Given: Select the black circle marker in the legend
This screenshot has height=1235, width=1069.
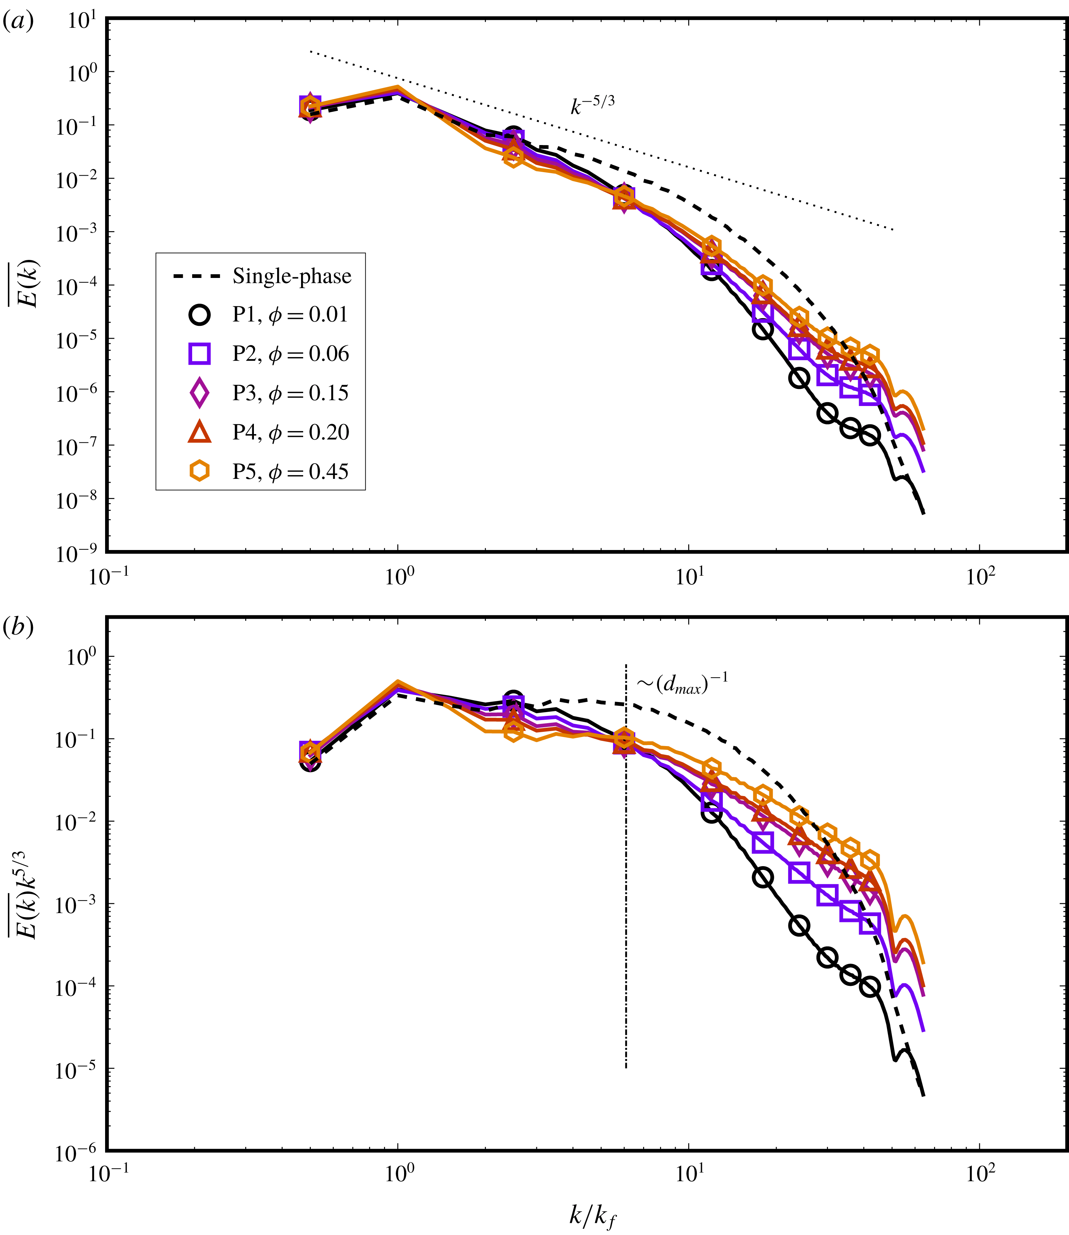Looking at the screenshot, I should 200,315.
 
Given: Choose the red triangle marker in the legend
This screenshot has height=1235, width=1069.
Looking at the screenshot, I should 200,432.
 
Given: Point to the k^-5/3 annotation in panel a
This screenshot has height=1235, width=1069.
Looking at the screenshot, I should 592,105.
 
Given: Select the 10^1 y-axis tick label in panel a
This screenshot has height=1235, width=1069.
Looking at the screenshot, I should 82,20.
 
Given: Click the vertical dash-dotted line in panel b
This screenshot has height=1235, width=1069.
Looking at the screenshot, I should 626,895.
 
